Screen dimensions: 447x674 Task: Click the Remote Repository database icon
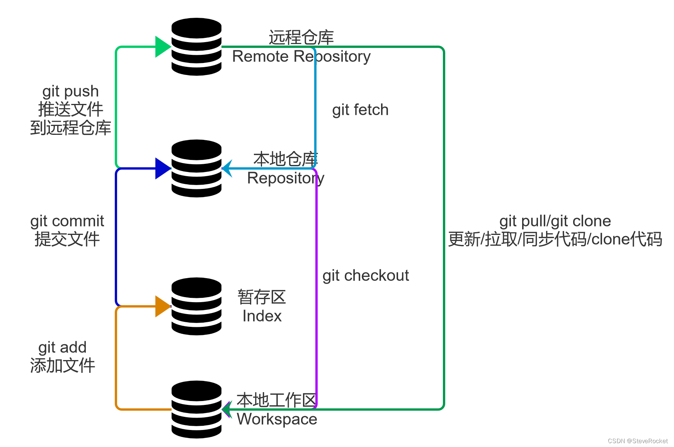tap(196, 47)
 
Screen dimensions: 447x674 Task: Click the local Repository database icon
tap(196, 168)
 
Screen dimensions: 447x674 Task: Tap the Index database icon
tap(196, 306)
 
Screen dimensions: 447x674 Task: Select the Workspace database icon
tap(196, 410)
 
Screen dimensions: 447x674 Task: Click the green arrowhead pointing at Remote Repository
tap(163, 47)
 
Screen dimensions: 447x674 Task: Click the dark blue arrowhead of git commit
tap(163, 168)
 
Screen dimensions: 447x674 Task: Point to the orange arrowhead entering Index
tap(163, 306)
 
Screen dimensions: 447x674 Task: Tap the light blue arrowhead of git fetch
tap(227, 168)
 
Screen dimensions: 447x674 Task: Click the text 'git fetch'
tap(360, 110)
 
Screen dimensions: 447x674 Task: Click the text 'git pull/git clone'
tap(555, 221)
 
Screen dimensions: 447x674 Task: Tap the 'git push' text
tap(70, 92)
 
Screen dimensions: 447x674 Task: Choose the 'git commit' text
tap(67, 221)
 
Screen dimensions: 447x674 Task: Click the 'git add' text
tap(62, 348)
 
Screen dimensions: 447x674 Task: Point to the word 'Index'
tap(262, 316)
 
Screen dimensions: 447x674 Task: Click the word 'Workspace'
tap(277, 419)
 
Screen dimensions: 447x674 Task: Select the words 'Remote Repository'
tap(301, 57)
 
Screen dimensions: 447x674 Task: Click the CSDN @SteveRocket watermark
tap(637, 441)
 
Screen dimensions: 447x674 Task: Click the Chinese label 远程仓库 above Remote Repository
tap(301, 37)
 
